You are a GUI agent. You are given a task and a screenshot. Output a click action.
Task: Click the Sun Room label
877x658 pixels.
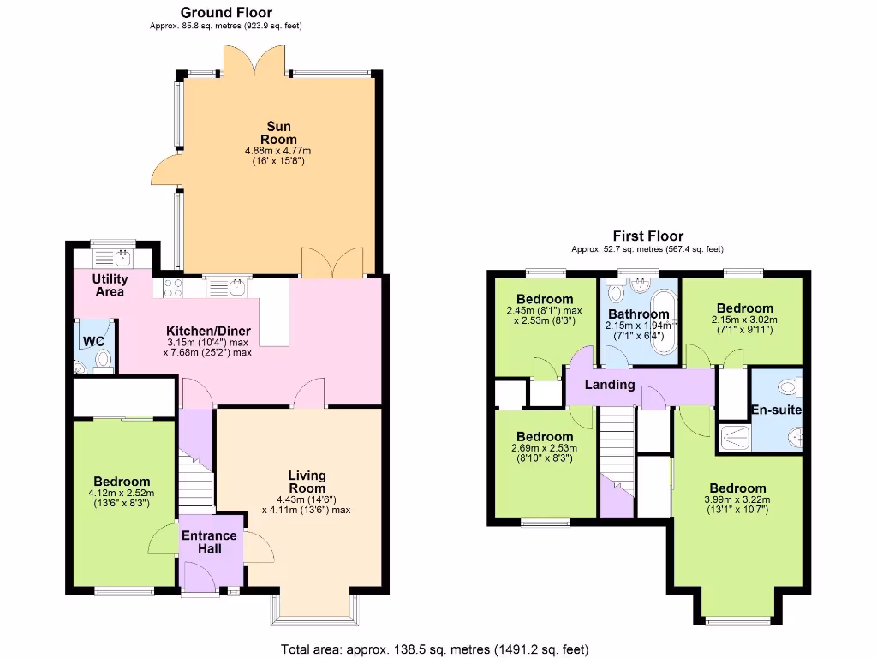[278, 133]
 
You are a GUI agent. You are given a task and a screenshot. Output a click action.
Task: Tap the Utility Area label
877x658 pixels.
[110, 285]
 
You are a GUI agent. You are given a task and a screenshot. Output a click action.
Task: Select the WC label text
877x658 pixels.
[93, 341]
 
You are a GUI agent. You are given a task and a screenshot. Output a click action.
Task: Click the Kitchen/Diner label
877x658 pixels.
[208, 331]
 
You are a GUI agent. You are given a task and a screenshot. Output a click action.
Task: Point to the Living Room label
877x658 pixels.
[307, 482]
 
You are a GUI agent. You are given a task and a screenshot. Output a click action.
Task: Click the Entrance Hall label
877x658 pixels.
[209, 542]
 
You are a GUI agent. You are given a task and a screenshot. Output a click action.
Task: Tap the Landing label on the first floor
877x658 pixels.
[610, 385]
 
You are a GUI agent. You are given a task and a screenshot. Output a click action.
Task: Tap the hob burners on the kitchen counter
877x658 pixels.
[168, 288]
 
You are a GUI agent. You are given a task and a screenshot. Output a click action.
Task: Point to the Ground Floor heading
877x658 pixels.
[226, 12]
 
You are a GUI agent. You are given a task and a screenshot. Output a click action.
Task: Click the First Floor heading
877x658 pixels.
[647, 236]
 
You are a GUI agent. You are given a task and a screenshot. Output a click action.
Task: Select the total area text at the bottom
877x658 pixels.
[435, 649]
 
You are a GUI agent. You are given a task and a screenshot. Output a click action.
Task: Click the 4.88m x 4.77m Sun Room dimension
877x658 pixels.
[278, 151]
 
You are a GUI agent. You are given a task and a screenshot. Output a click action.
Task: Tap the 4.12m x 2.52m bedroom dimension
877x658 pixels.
[122, 493]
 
